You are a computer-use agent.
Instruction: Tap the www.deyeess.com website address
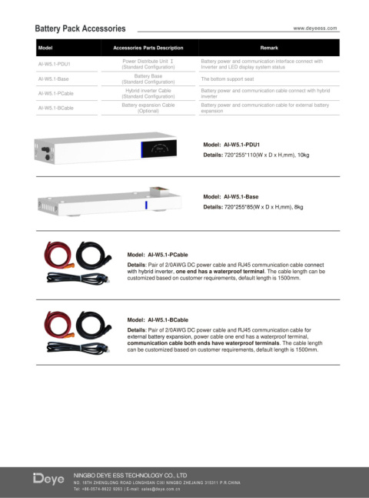[315, 28]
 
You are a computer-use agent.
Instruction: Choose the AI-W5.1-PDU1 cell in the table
[54, 64]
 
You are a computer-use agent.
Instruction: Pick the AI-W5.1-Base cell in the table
[53, 79]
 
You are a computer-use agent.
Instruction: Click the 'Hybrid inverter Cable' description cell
[148, 93]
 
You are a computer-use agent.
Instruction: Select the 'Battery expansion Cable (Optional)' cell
[148, 108]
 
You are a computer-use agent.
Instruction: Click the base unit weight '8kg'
[298, 207]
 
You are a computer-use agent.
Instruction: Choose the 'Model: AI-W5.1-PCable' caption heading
[158, 254]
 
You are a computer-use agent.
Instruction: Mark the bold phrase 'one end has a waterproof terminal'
[220, 271]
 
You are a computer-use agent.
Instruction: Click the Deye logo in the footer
[48, 480]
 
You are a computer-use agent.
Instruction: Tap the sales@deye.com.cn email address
[166, 489]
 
